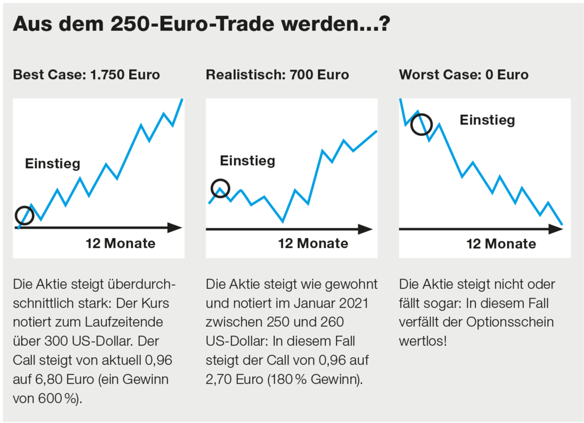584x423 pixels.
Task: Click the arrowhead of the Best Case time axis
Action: [175, 228]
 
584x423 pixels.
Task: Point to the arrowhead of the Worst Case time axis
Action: [555, 229]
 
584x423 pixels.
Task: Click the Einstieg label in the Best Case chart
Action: [53, 164]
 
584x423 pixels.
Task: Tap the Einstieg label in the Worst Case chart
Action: [487, 120]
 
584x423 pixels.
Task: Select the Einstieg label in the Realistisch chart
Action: [247, 160]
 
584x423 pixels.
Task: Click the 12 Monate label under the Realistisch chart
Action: [313, 243]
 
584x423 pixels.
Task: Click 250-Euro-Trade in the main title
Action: [193, 24]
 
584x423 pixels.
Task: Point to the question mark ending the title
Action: [385, 24]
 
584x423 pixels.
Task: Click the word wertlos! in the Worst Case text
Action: [423, 341]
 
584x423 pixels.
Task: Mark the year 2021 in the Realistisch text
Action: [354, 303]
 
